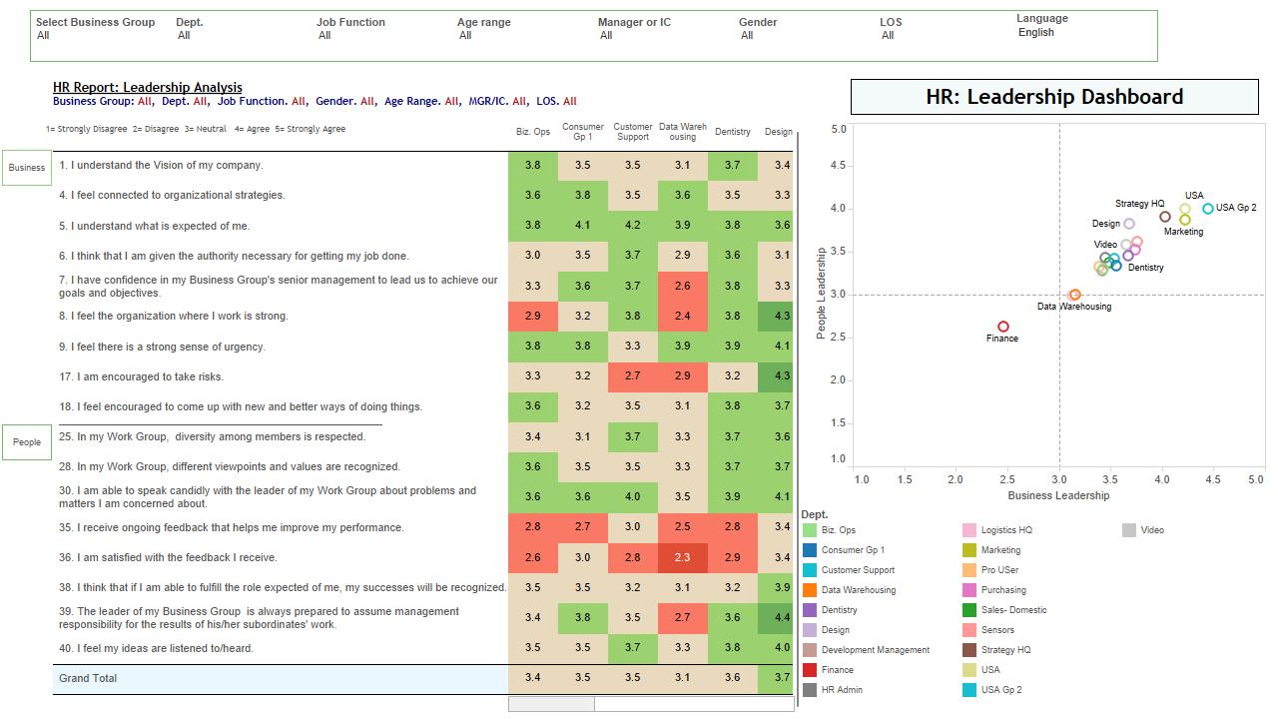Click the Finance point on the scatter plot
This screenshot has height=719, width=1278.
pyautogui.click(x=1003, y=327)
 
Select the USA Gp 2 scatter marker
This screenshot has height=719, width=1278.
pyautogui.click(x=1208, y=209)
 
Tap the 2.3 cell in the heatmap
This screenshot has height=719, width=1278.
pyautogui.click(x=682, y=558)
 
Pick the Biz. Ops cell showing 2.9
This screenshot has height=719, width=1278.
pyautogui.click(x=532, y=317)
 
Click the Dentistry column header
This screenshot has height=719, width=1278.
pyautogui.click(x=733, y=132)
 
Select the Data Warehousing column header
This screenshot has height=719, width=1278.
pyautogui.click(x=683, y=132)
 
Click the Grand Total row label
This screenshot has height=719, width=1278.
pyautogui.click(x=88, y=679)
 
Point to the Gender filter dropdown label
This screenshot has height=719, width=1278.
pyautogui.click(x=758, y=22)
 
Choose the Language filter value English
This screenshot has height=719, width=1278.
pyautogui.click(x=1036, y=32)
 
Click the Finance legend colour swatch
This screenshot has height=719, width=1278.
pyautogui.click(x=810, y=670)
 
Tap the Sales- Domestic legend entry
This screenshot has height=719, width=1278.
pyautogui.click(x=1013, y=610)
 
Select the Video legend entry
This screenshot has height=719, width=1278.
pyautogui.click(x=1152, y=530)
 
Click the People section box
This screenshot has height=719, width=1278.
pyautogui.click(x=27, y=442)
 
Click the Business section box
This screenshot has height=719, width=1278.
pyautogui.click(x=27, y=168)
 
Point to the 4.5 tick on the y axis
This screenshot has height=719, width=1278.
pyautogui.click(x=839, y=167)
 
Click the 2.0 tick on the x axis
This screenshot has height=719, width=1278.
pyautogui.click(x=956, y=479)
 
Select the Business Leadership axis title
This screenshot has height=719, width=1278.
pyautogui.click(x=1058, y=495)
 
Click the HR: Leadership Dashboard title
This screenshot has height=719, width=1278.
pyautogui.click(x=1054, y=97)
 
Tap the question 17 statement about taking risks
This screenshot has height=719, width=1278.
pyautogui.click(x=141, y=376)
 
